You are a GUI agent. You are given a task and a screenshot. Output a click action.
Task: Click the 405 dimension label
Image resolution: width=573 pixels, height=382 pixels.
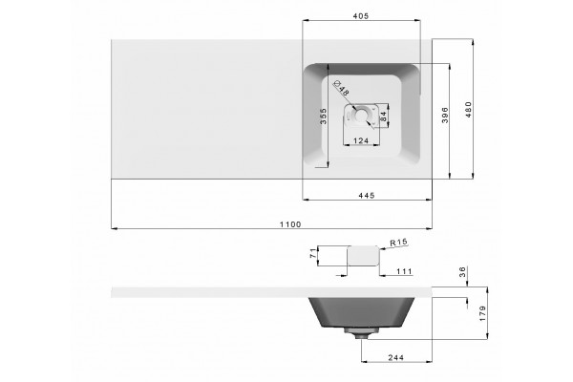[361, 15]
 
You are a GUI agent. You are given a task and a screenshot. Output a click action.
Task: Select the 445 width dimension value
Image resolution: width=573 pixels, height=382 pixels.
[367, 195]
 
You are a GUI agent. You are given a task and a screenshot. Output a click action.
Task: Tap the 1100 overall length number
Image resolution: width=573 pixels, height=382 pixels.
[290, 224]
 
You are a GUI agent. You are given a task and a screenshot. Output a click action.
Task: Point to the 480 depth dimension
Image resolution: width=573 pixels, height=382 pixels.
[469, 109]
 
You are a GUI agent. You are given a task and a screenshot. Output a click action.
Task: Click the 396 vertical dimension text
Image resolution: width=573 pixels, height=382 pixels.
[445, 115]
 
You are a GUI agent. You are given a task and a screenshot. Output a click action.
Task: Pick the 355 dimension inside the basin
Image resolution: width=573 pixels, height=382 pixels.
[323, 117]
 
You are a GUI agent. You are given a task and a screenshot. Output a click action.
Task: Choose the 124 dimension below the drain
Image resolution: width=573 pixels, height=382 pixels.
[361, 140]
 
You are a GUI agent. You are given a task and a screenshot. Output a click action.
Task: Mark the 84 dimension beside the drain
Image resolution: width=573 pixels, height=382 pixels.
[383, 117]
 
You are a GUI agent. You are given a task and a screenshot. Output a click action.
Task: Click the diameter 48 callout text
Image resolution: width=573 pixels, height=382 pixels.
[341, 87]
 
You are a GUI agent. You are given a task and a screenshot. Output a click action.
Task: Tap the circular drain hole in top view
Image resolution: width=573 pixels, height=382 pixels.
[361, 114]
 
